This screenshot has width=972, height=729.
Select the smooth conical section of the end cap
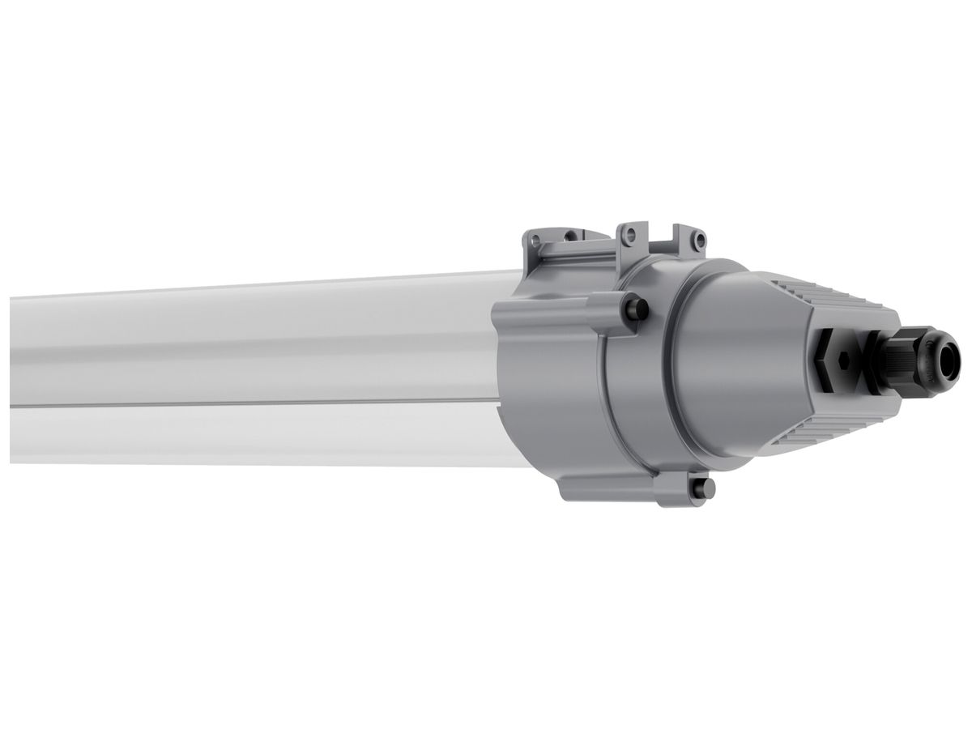pos(745,364)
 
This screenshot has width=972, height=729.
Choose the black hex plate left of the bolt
pos(825,360)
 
